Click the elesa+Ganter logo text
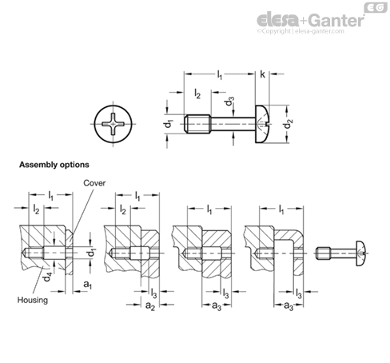click(310, 20)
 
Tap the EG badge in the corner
click(376, 7)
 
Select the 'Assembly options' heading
click(54, 165)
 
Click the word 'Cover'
click(94, 183)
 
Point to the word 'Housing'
click(33, 300)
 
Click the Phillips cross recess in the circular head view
click(113, 124)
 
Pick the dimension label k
click(263, 74)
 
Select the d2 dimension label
click(289, 124)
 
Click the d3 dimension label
click(229, 102)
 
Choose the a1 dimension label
click(87, 285)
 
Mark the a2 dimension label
click(150, 306)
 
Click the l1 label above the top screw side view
click(219, 74)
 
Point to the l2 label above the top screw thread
click(197, 94)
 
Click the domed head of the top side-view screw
click(262, 124)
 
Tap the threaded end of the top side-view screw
click(197, 124)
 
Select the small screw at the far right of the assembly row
click(343, 253)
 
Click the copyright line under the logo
click(300, 31)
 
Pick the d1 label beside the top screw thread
click(169, 124)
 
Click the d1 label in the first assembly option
click(92, 253)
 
